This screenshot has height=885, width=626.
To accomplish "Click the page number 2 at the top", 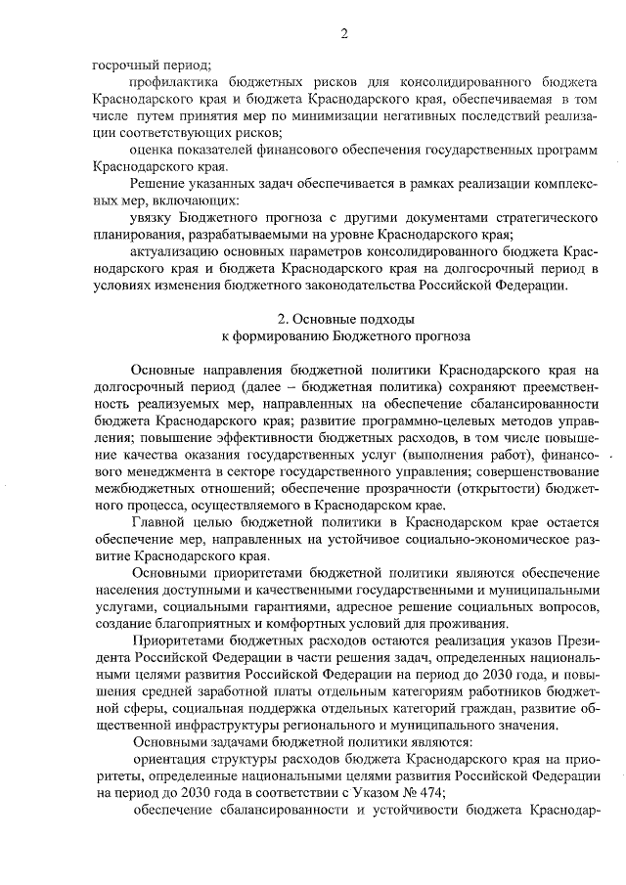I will (343, 36).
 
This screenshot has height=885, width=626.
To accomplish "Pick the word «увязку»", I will (153, 218).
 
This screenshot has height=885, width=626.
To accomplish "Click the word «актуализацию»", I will (176, 251).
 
